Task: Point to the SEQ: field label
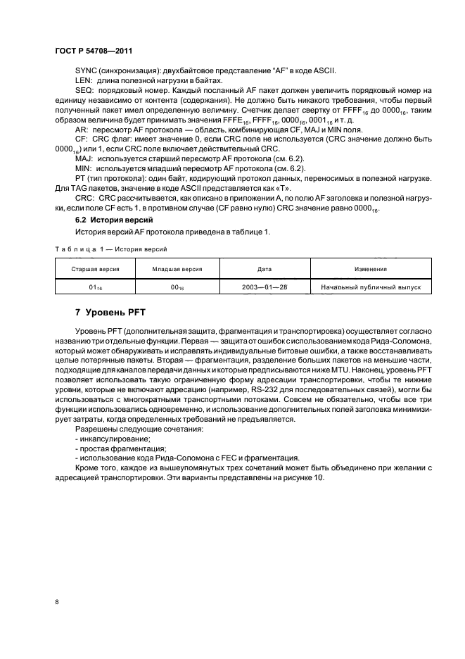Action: click(84, 92)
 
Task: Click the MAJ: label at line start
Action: click(83, 160)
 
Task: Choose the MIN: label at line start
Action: click(82, 170)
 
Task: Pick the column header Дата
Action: click(259, 270)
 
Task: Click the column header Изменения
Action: click(370, 270)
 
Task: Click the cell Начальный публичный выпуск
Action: click(370, 287)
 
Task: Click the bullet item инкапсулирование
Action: click(106, 438)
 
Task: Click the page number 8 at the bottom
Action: click(56, 601)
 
